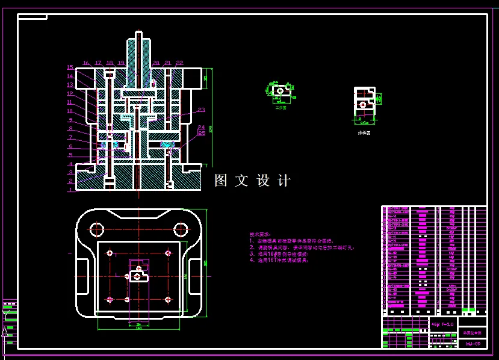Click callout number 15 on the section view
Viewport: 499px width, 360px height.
(70, 67)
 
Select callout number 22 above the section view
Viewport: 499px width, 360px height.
(179, 63)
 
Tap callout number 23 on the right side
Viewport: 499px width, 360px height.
(201, 110)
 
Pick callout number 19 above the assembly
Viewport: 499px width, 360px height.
(121, 63)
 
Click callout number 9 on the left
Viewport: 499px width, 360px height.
(70, 120)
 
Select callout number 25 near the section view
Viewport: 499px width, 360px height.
(201, 133)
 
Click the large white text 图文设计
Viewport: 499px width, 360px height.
(253, 181)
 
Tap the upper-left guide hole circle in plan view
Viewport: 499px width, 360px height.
(96, 229)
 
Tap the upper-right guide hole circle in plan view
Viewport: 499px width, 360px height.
(180, 229)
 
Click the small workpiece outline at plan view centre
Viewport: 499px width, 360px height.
(139, 276)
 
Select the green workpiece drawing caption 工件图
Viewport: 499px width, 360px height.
(280, 108)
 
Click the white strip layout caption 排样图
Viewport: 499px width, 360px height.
(364, 132)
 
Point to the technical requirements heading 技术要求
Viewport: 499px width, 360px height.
(260, 234)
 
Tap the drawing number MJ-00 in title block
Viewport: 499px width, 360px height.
(473, 344)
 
